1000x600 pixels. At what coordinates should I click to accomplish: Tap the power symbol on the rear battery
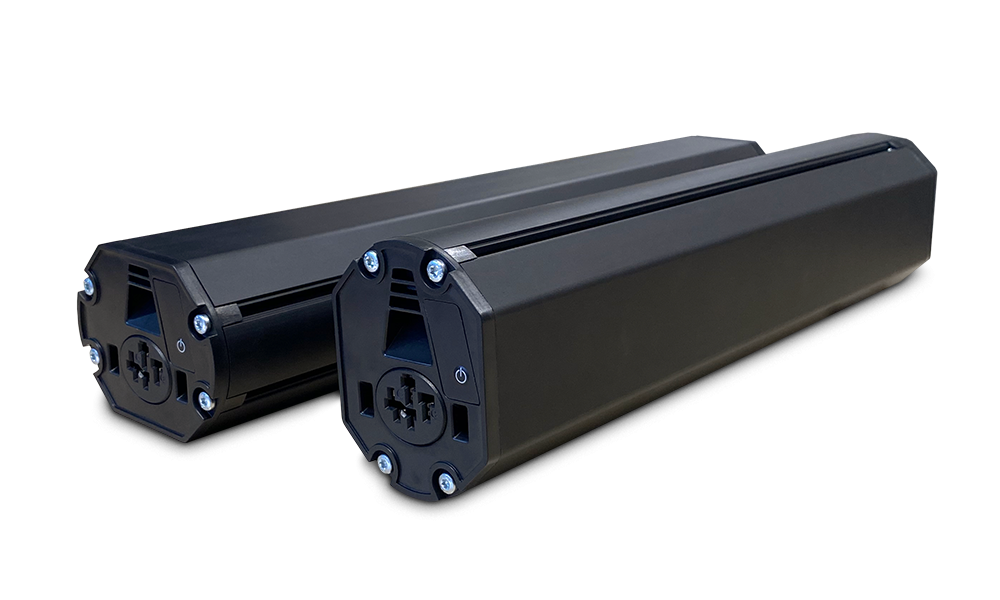[180, 343]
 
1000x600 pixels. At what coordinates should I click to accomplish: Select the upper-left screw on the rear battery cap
[90, 285]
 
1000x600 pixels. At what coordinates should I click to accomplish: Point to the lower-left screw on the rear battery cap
[96, 354]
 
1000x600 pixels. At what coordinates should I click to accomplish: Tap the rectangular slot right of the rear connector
[185, 384]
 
